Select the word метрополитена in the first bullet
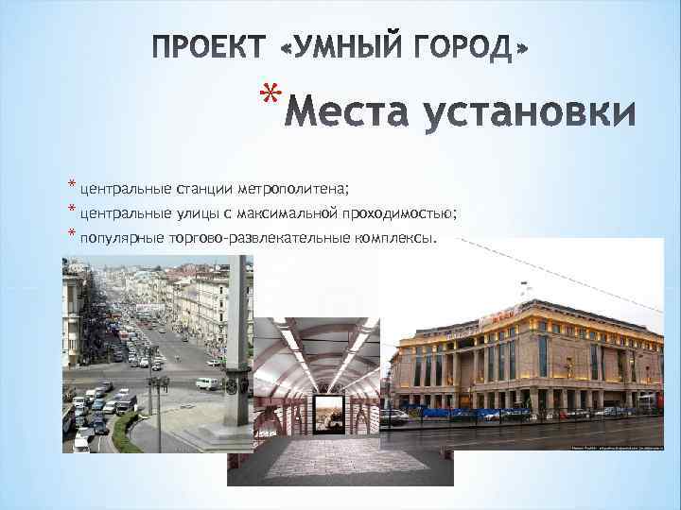tap(293, 187)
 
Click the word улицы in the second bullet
tap(191, 212)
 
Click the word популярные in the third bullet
tap(122, 238)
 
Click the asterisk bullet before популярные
tap(71, 234)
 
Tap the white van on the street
tap(207, 383)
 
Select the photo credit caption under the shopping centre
tap(605, 449)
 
